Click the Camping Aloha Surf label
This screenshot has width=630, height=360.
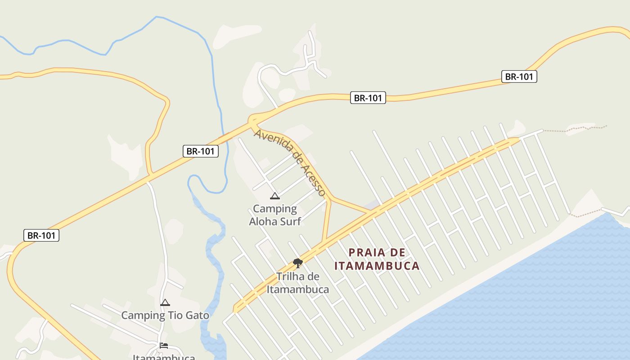pos(274,215)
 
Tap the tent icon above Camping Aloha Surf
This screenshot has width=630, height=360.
pos(274,196)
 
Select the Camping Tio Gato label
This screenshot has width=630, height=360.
pos(165,315)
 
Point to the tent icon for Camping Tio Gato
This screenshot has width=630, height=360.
pos(165,303)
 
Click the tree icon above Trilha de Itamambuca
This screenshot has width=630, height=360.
pos(297,263)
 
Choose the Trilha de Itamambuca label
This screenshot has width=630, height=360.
pos(297,283)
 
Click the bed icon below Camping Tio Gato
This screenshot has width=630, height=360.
pos(164,346)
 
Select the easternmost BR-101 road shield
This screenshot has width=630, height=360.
pos(519,76)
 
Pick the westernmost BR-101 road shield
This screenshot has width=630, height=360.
pos(41,235)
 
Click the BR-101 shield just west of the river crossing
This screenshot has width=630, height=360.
pos(201,151)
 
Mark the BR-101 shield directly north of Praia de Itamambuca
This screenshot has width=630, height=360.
pos(368,98)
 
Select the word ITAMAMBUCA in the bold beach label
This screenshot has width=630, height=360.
pos(377,266)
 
